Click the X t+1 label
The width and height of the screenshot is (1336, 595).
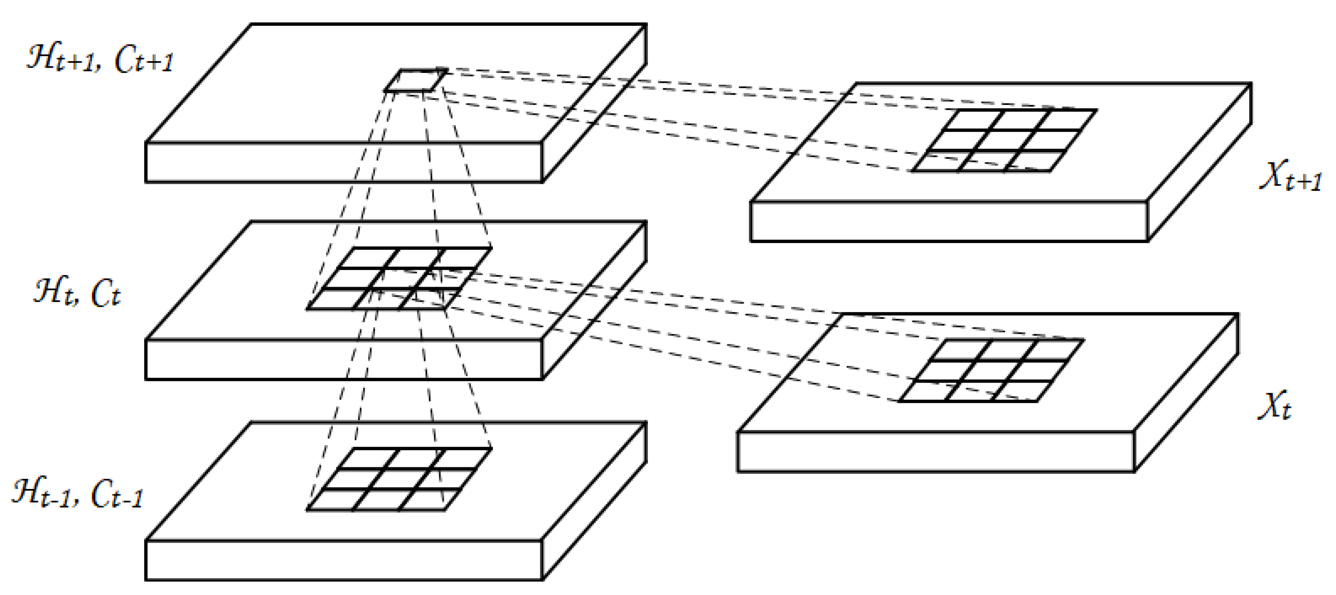(1290, 176)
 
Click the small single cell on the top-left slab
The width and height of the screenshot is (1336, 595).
(416, 80)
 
